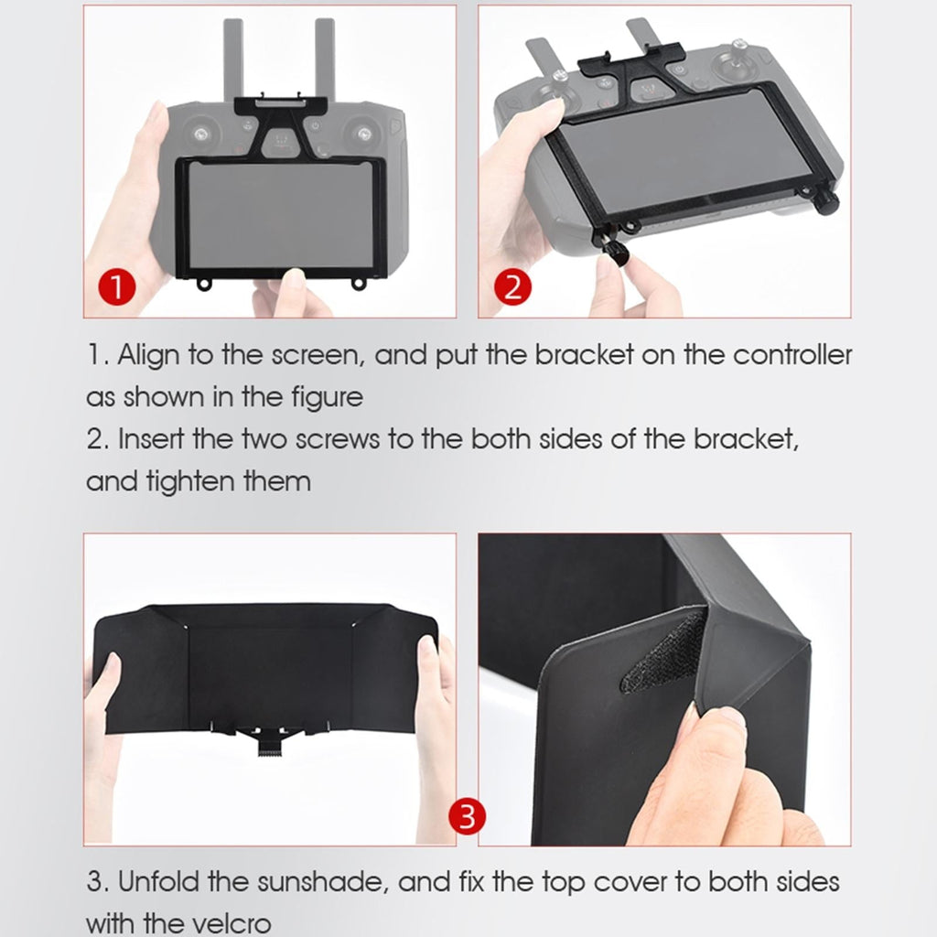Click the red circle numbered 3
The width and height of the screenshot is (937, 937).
(467, 815)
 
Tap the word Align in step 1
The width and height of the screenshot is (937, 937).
(148, 356)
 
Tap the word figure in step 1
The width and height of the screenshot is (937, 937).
(323, 398)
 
